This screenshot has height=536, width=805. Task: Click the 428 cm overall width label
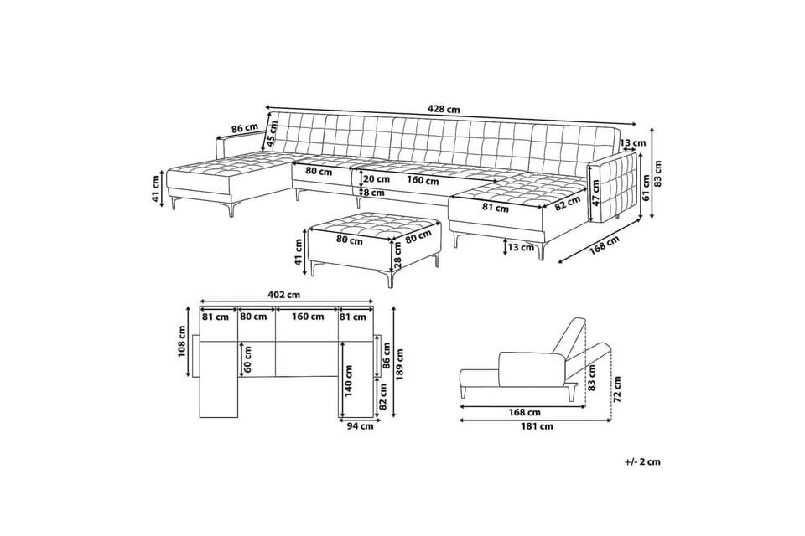pos(444,109)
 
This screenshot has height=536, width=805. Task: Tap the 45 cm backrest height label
pos(272,133)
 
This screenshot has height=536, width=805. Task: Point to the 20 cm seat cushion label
pos(376,179)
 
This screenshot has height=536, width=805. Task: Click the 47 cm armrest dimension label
pos(595,193)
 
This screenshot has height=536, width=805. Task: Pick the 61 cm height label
pos(647,188)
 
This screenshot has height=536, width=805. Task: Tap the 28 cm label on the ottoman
pos(397,255)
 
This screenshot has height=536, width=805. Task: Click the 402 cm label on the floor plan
pos(283,295)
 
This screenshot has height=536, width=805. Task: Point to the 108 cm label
pos(181,343)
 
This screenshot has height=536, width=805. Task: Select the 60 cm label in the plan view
pos(248,359)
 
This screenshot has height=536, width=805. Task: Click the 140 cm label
pos(349,381)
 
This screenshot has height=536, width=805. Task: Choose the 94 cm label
pos(361,425)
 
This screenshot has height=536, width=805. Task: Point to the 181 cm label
pos(537,425)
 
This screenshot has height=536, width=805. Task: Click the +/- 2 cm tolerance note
pos(643,461)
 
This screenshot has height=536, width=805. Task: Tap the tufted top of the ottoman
pos(374,224)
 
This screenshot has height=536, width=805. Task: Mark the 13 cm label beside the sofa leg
pos(521,247)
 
